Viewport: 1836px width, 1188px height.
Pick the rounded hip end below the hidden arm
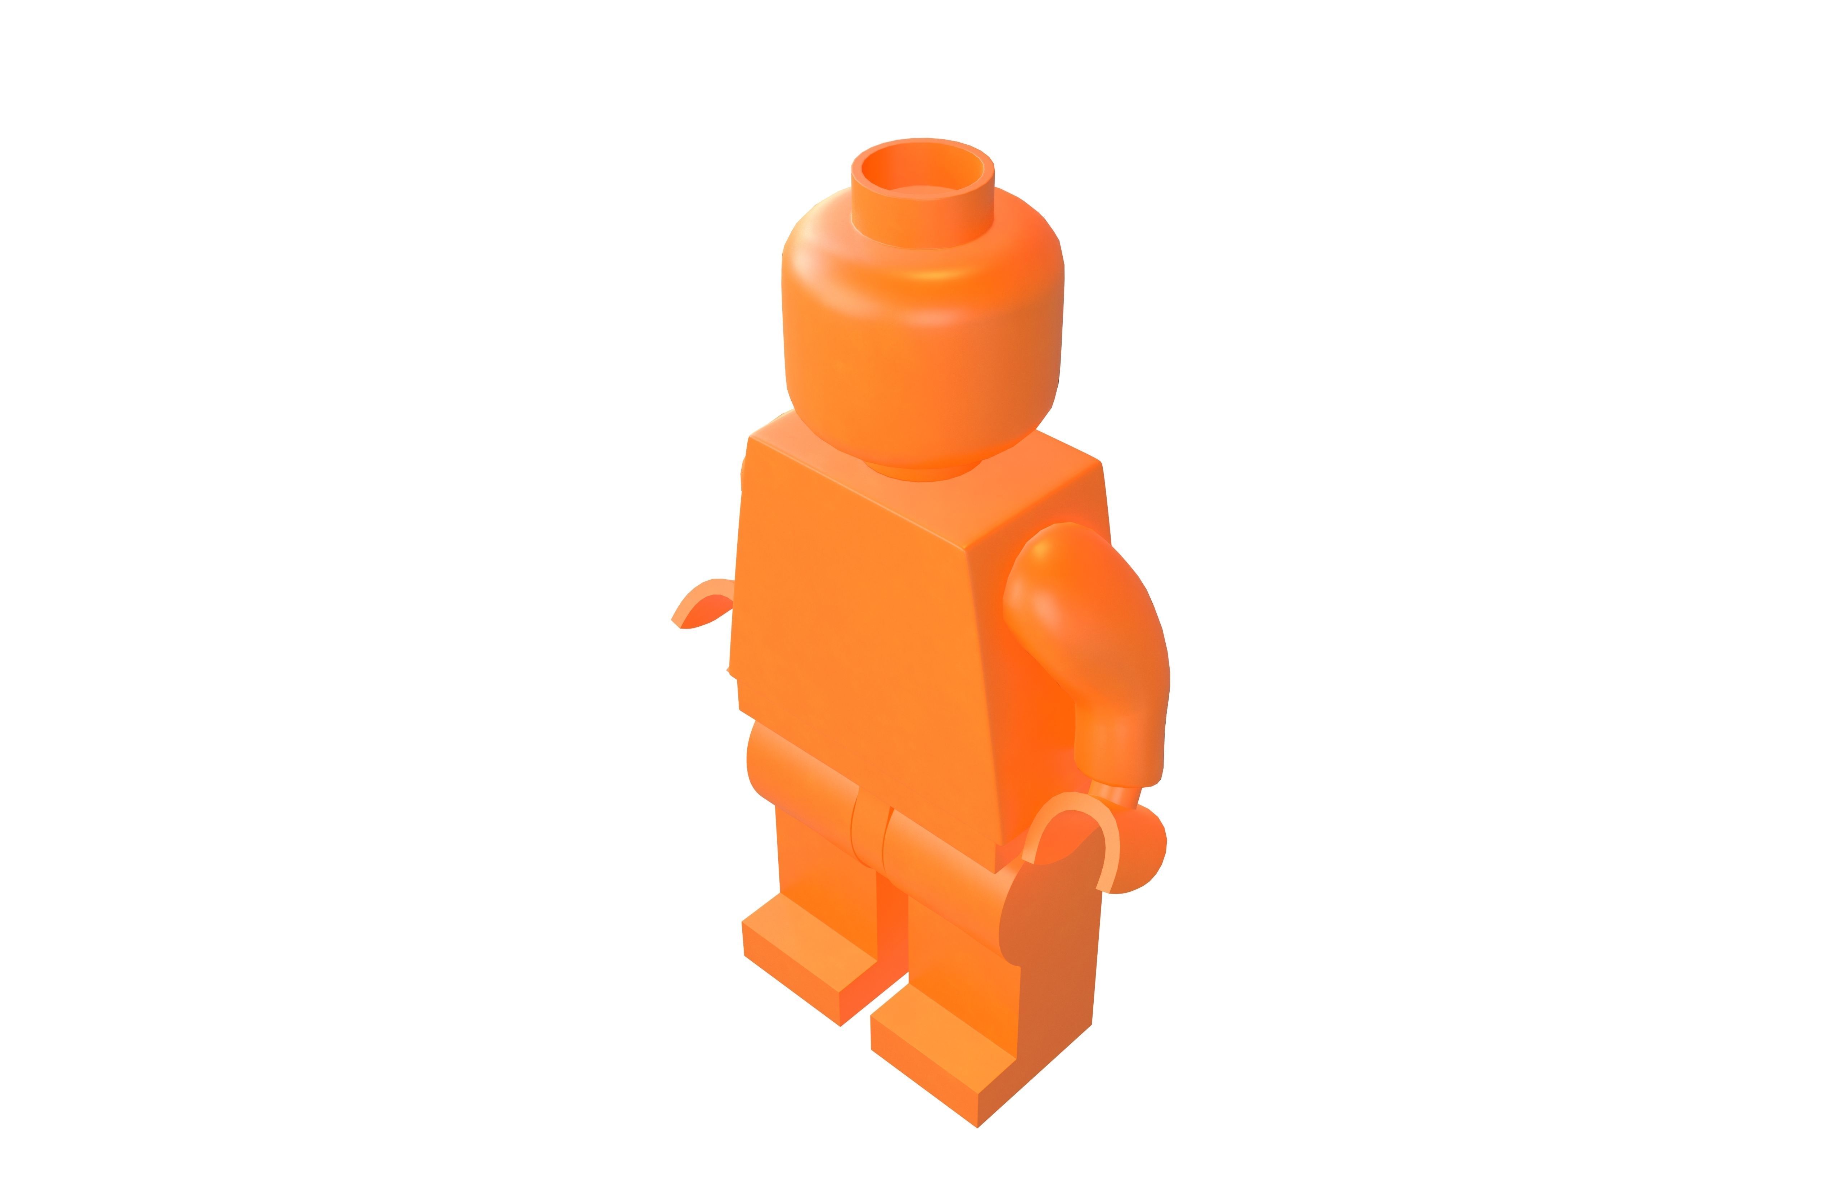click(760, 764)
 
